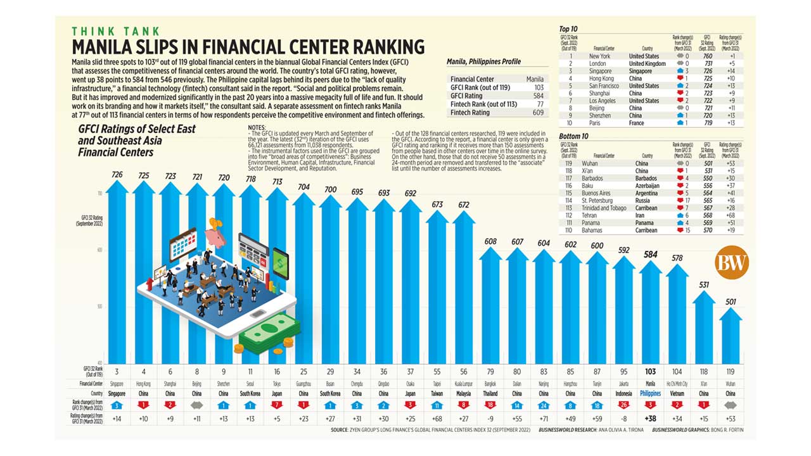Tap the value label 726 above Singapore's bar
(117, 174)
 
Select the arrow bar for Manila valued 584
(649, 310)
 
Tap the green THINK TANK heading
(115, 31)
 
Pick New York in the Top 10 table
(599, 56)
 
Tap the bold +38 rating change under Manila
(649, 418)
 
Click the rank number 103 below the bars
(649, 372)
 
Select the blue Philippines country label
(649, 393)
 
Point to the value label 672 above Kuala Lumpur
(464, 205)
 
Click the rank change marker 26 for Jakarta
(624, 405)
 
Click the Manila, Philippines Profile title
(483, 61)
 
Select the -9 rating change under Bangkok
(490, 418)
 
